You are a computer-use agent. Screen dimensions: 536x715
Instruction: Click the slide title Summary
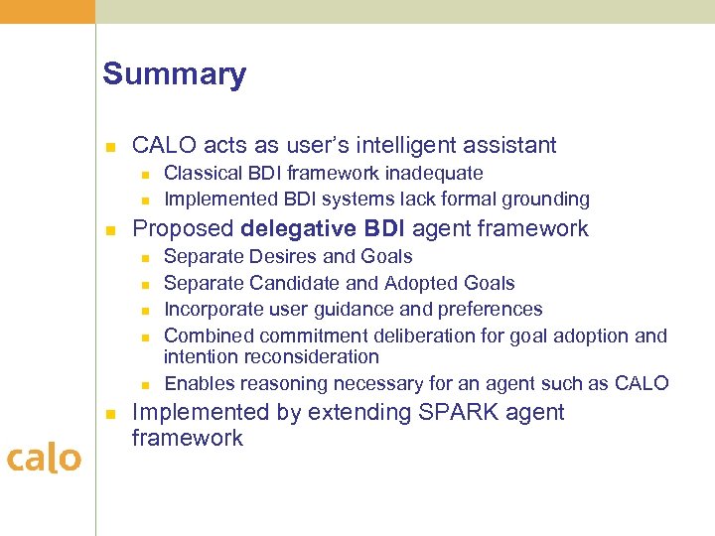[x=174, y=74]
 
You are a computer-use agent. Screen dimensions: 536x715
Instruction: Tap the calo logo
[x=44, y=458]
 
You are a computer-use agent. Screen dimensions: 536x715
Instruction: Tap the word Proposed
[x=183, y=228]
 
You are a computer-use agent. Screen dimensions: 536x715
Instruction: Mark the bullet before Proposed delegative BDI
[x=111, y=230]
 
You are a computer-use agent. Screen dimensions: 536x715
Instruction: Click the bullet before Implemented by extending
[x=111, y=414]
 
